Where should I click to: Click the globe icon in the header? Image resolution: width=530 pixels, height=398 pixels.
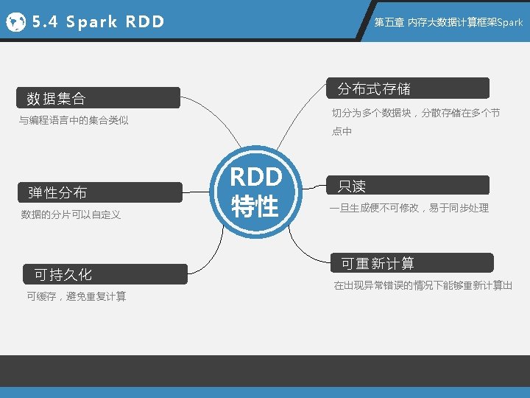tap(15, 22)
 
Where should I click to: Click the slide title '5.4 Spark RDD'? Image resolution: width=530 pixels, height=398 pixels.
tap(98, 22)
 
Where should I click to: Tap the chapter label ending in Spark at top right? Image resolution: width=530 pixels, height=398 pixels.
tap(448, 22)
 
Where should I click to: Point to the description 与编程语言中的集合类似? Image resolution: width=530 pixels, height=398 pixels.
tap(74, 120)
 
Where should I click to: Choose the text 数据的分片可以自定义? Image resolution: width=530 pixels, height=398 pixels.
tap(71, 214)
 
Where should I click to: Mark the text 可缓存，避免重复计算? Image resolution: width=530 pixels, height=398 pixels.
tap(76, 296)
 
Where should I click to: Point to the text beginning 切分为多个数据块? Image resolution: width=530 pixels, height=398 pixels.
tap(416, 113)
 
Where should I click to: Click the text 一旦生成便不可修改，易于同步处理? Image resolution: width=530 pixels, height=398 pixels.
tap(409, 208)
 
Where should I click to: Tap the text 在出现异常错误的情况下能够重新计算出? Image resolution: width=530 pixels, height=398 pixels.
tap(423, 285)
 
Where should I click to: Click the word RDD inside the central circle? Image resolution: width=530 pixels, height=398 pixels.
tap(255, 178)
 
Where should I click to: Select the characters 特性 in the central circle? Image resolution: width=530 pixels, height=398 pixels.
tap(255, 206)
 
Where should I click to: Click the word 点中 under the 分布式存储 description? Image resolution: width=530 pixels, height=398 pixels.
tap(342, 131)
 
